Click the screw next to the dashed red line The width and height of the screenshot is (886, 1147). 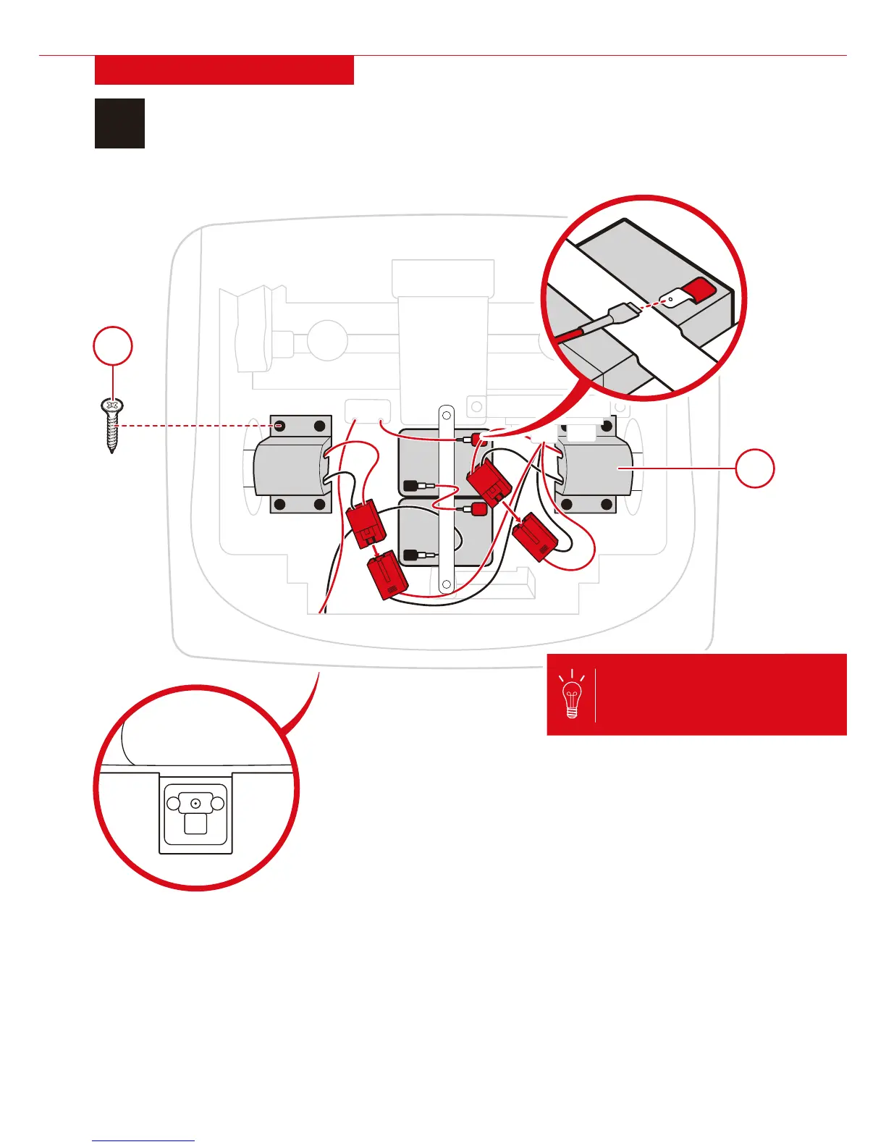click(x=111, y=424)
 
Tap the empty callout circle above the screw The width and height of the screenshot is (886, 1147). click(x=113, y=347)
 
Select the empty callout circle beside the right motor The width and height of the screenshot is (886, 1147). click(x=755, y=469)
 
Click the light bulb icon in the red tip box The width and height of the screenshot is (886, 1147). click(x=572, y=694)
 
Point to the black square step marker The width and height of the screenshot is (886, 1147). click(x=119, y=124)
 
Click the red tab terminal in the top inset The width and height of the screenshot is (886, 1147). click(x=700, y=290)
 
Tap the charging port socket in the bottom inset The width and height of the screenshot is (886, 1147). click(x=195, y=804)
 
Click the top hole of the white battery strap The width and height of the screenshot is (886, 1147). click(x=447, y=416)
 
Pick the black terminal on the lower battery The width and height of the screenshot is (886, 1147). click(x=410, y=556)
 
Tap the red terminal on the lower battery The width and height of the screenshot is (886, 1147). click(x=478, y=509)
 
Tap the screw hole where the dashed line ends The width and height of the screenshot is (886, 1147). click(x=279, y=426)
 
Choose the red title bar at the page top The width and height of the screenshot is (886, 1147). click(x=224, y=70)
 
